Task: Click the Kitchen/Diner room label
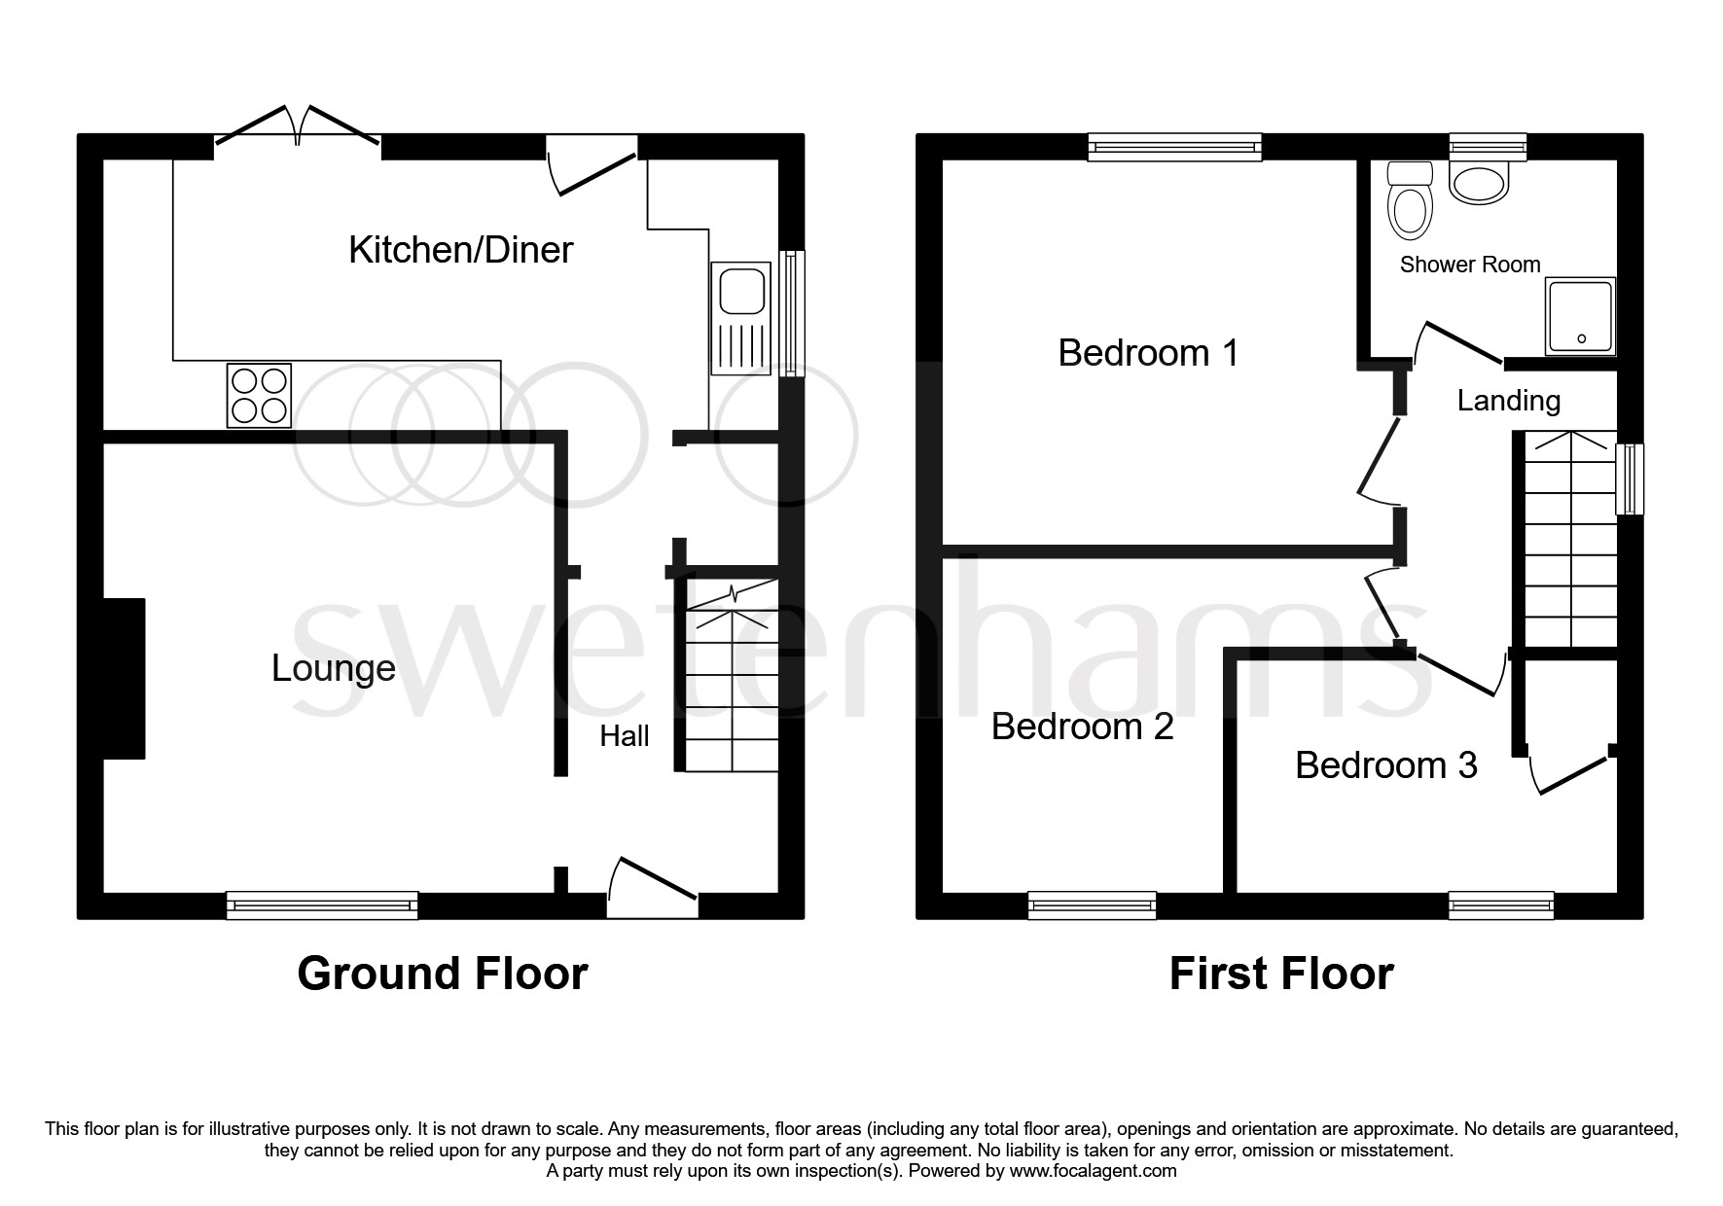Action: [460, 250]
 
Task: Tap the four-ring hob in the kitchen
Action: [259, 395]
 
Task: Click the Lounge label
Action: [333, 668]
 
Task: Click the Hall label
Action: [624, 736]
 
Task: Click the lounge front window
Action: [322, 905]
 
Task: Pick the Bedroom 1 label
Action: [1148, 352]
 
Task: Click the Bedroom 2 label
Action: [1082, 727]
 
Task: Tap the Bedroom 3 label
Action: [1385, 765]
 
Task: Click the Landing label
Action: [1508, 400]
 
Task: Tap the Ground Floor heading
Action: [442, 974]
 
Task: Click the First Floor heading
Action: [1280, 974]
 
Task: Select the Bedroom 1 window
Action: [1174, 147]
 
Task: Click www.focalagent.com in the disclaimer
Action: [1093, 1171]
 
